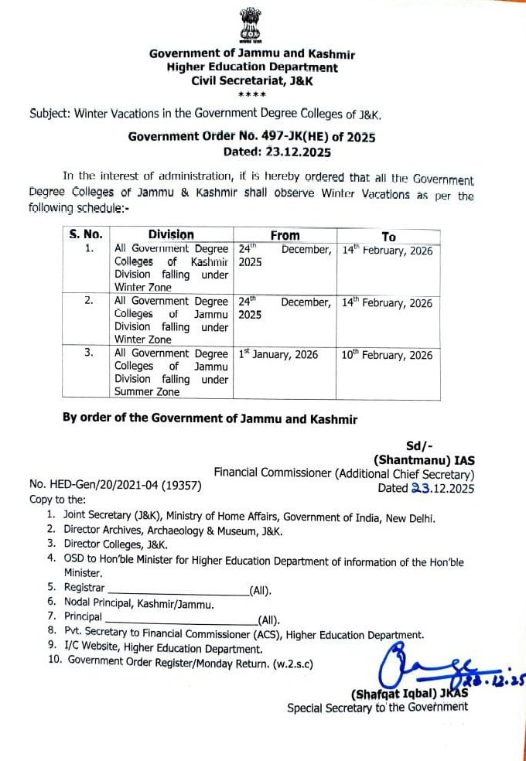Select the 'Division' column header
171,234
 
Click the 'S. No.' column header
86,234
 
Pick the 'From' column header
285,234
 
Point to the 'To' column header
388,236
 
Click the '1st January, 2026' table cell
278,355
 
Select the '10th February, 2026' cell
387,355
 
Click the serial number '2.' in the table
88,302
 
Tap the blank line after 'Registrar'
176,590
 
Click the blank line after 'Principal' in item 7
180,619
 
